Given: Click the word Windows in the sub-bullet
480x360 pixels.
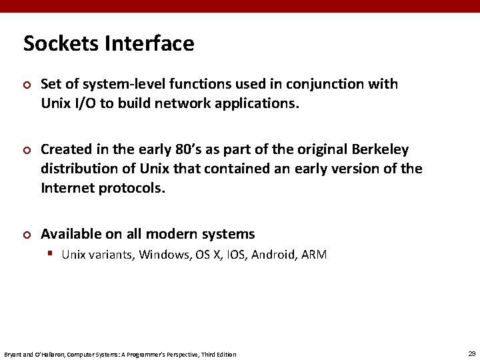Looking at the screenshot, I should [165, 255].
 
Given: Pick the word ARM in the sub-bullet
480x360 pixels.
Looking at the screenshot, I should [313, 255].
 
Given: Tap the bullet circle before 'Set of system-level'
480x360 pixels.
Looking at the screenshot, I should [27, 85].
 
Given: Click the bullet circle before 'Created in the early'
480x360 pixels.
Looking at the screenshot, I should [27, 149].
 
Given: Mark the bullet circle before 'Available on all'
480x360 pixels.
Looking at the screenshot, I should [27, 235].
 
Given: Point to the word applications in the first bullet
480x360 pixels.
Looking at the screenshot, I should [257, 103].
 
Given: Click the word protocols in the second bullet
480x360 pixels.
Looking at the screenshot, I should [133, 187].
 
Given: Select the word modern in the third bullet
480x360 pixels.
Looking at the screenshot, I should [170, 234].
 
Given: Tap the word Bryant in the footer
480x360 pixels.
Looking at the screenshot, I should [13, 354].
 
